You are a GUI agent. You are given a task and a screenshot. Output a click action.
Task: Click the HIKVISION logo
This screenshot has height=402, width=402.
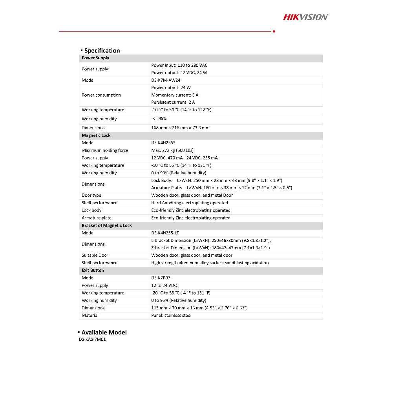(306, 17)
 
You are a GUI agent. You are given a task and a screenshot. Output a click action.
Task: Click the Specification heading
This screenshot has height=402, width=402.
(102, 51)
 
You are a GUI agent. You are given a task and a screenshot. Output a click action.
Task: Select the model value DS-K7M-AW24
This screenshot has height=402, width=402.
(166, 80)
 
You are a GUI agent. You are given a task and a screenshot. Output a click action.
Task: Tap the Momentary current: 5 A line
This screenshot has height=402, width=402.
(175, 95)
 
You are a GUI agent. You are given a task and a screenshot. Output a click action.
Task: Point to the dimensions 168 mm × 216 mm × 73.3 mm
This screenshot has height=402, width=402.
(180, 128)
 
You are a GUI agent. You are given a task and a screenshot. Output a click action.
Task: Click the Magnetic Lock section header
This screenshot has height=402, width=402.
(96, 135)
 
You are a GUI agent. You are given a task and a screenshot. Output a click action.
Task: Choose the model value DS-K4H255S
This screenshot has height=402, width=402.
(163, 143)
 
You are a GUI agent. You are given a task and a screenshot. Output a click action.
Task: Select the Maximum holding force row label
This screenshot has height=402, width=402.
(105, 150)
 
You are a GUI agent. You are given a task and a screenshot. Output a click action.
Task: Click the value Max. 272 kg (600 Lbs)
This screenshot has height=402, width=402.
(172, 150)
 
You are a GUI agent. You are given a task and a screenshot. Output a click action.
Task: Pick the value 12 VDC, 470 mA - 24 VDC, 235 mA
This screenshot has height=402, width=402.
(185, 158)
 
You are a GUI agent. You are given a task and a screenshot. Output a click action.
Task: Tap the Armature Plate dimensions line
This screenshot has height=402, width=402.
(221, 188)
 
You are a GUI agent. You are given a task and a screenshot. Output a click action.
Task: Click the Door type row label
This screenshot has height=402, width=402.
(91, 195)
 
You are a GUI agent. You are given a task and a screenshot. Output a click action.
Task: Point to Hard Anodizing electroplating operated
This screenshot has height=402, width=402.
(190, 203)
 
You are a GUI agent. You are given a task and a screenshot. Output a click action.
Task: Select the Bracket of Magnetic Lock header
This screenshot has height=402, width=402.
(107, 225)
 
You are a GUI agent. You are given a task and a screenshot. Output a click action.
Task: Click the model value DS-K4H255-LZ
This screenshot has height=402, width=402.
(165, 233)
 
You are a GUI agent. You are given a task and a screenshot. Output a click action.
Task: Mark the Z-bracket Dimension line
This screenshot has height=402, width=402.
(210, 248)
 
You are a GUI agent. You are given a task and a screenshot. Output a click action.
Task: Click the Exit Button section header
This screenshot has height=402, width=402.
(93, 270)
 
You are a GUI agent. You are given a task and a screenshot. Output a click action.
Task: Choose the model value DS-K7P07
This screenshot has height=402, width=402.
(161, 278)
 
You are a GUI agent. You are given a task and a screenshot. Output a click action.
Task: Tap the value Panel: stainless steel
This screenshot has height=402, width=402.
(171, 316)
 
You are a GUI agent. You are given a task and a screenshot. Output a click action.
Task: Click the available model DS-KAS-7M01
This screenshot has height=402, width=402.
(92, 340)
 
